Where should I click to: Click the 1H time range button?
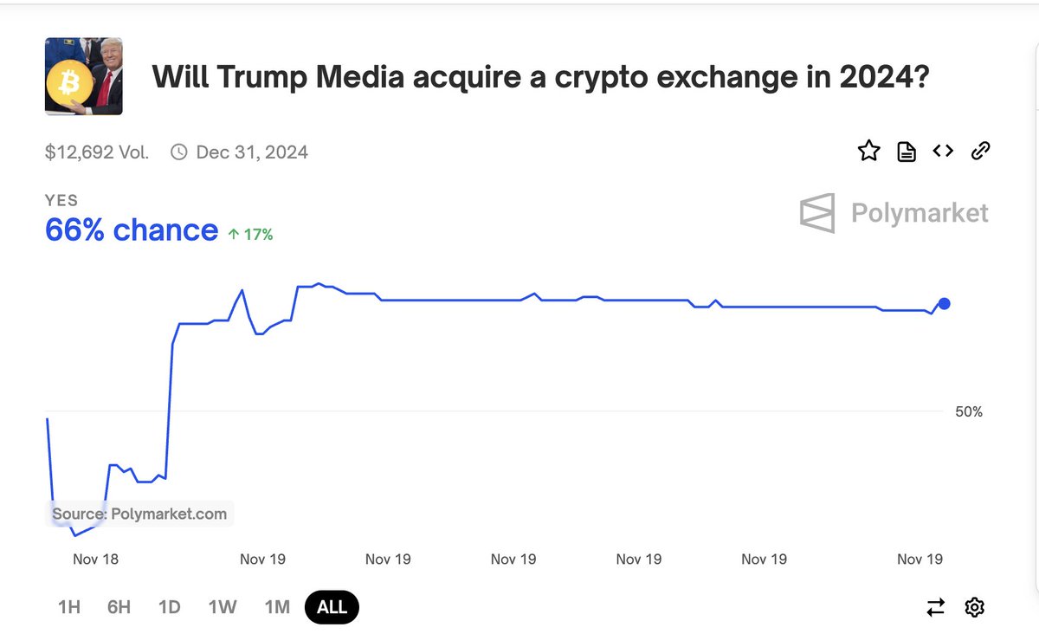point(69,607)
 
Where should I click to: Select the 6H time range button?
point(119,607)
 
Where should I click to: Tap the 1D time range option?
point(170,607)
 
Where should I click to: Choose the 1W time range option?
point(223,607)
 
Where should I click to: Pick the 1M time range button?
point(277,607)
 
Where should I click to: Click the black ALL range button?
point(332,607)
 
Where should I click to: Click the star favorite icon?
point(868,152)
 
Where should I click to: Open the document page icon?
point(906,152)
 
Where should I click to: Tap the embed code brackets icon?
point(943,152)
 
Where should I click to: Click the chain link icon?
point(980,152)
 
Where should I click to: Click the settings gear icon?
point(974,607)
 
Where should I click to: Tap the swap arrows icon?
point(936,607)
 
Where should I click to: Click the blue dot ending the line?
point(945,303)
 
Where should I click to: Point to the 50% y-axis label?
point(969,412)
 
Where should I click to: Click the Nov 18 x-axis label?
point(95,560)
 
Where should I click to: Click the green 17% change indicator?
point(250,234)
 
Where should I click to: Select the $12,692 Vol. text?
point(97,152)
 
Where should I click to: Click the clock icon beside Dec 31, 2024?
point(179,152)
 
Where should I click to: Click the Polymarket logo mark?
point(817,213)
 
